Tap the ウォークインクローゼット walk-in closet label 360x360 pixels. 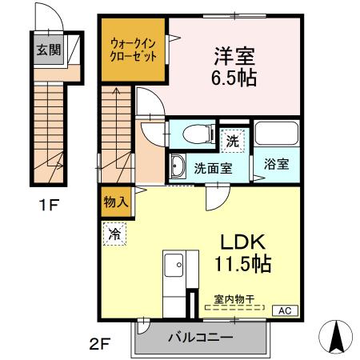point(134,52)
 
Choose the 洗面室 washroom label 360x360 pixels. point(214,169)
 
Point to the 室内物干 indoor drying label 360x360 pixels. point(234,299)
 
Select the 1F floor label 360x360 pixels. point(50,205)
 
